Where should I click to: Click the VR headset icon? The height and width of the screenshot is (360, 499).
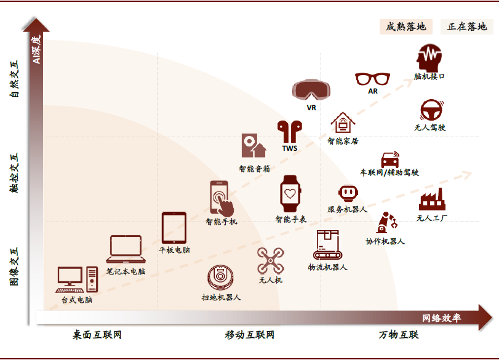[311, 89]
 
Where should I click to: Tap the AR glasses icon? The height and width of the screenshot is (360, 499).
[373, 79]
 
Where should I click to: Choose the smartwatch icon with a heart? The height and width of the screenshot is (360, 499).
[290, 193]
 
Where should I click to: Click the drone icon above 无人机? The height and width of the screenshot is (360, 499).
[270, 261]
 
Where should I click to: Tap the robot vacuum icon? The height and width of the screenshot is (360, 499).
[220, 278]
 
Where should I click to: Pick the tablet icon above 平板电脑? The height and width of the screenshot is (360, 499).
[174, 228]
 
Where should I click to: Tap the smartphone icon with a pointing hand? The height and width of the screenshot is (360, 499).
[221, 198]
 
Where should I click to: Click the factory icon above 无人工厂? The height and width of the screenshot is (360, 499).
[432, 199]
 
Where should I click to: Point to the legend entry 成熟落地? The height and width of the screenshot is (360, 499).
[406, 26]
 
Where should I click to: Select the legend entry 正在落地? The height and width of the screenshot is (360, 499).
[467, 26]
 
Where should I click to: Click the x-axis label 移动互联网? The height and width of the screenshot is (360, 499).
[249, 335]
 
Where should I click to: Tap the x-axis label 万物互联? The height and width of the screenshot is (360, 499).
[399, 335]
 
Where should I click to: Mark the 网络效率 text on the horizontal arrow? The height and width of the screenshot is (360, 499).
[441, 318]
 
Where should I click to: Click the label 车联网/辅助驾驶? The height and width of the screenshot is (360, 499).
[389, 173]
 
